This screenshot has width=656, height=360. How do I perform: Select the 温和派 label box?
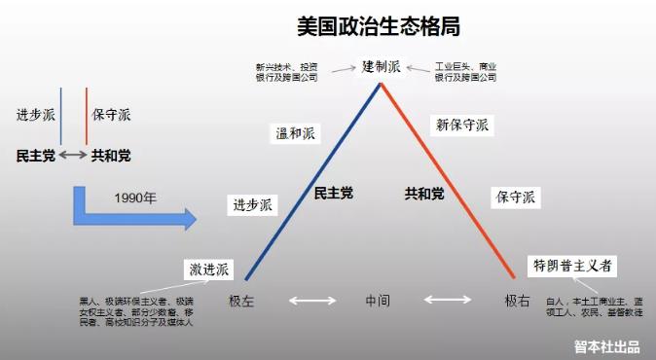point(294,134)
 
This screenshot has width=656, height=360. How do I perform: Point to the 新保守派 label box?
point(461,125)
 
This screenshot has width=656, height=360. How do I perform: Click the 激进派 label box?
point(209,269)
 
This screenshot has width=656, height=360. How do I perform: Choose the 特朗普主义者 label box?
point(572,266)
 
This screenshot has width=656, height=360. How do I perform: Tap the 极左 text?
point(241,301)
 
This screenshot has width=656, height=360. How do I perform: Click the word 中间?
point(378,301)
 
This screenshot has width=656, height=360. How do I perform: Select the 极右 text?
point(517,301)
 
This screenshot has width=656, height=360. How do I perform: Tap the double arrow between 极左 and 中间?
point(311,302)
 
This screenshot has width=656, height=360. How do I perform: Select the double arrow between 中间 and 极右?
point(447,302)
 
